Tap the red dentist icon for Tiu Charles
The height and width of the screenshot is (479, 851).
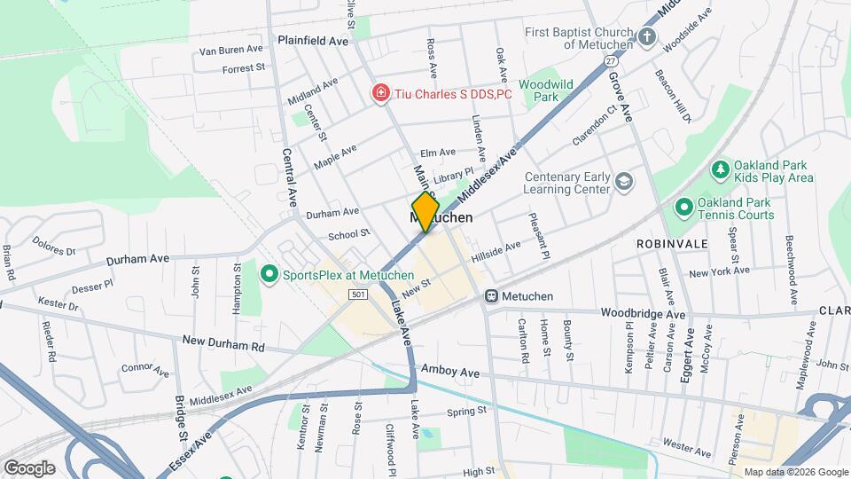(x=380, y=93)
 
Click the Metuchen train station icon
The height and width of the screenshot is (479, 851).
(x=492, y=296)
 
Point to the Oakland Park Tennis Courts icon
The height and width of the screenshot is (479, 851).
(x=683, y=209)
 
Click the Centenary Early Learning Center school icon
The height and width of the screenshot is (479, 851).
(x=625, y=182)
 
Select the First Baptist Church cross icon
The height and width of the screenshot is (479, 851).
(x=647, y=37)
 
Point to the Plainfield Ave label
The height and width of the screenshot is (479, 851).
(x=313, y=41)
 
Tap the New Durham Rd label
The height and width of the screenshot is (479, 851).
(x=223, y=342)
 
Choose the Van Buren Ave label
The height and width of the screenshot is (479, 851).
(x=233, y=51)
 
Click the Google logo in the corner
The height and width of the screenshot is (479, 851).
(x=29, y=467)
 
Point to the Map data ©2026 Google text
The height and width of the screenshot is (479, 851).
(x=795, y=472)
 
